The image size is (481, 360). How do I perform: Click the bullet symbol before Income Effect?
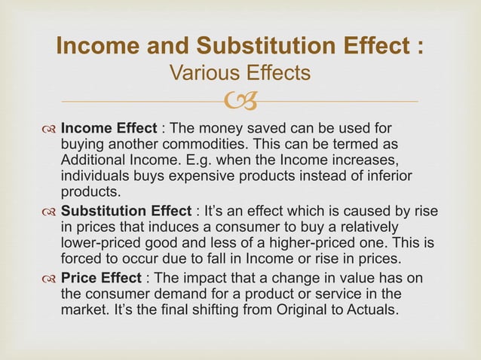pos(50,129)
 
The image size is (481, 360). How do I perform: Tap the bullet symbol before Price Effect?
pos(50,279)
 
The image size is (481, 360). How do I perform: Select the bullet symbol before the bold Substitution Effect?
pos(50,208)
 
